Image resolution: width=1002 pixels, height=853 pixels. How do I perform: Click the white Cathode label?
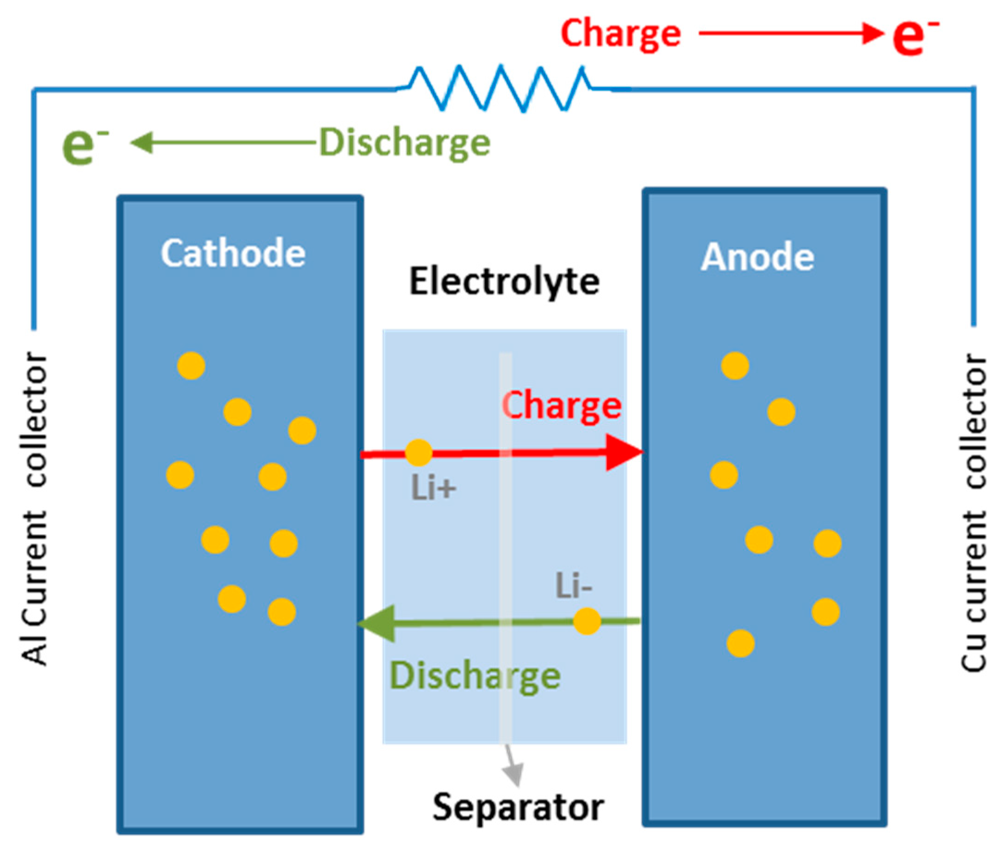click(233, 253)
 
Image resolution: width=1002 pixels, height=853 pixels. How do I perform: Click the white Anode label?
click(757, 256)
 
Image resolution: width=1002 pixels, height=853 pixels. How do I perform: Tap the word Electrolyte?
click(504, 282)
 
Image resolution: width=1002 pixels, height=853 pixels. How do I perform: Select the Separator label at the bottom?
click(518, 807)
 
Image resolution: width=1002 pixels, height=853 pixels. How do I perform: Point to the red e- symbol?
click(914, 37)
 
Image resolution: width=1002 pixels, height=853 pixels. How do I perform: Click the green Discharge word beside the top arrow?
click(405, 143)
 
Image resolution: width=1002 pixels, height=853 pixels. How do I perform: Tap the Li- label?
click(573, 585)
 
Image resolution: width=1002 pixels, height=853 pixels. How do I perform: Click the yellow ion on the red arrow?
click(418, 453)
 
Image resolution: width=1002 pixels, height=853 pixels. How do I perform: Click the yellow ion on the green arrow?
click(587, 621)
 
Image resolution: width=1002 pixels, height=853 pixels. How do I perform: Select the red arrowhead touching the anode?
click(623, 452)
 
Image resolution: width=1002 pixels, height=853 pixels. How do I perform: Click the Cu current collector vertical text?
click(972, 512)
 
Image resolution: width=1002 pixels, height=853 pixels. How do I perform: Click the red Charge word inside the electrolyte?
click(562, 405)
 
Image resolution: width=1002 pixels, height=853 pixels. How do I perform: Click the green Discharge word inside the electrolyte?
click(475, 676)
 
